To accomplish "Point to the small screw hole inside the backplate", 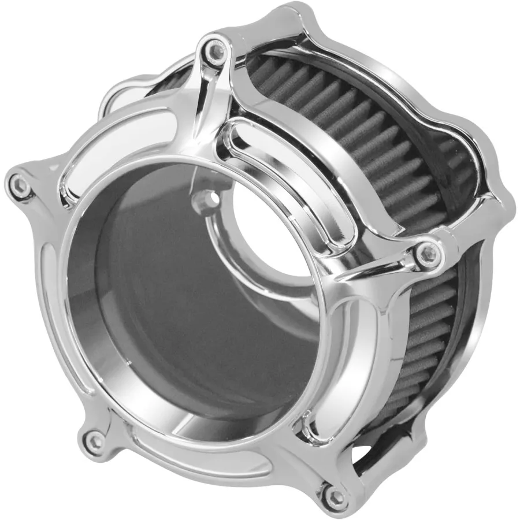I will pos(204,200).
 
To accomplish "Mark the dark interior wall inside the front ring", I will pos(173,300).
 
